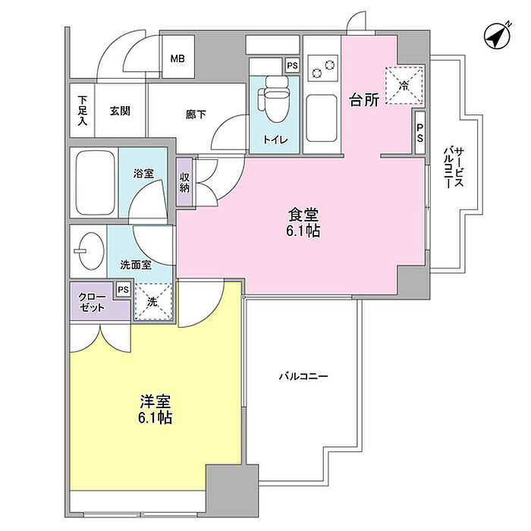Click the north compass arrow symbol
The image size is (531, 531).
[497, 35]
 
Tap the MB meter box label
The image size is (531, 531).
[178, 59]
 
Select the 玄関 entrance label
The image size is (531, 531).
[119, 111]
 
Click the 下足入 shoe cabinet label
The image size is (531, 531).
[83, 110]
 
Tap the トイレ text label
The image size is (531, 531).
[270, 140]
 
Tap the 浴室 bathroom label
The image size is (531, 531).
[143, 174]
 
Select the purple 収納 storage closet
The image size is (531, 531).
[184, 183]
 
